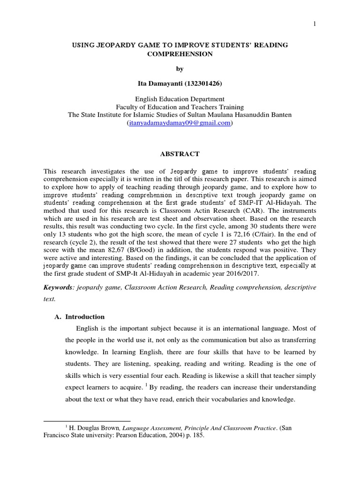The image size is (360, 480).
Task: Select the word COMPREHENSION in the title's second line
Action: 180,54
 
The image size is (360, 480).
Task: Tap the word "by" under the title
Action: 180,69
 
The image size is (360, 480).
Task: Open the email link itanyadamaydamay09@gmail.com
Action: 180,123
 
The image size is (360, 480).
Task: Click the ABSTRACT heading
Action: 180,154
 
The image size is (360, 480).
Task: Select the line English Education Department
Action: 180,99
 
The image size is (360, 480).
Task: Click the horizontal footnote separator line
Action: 87,421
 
